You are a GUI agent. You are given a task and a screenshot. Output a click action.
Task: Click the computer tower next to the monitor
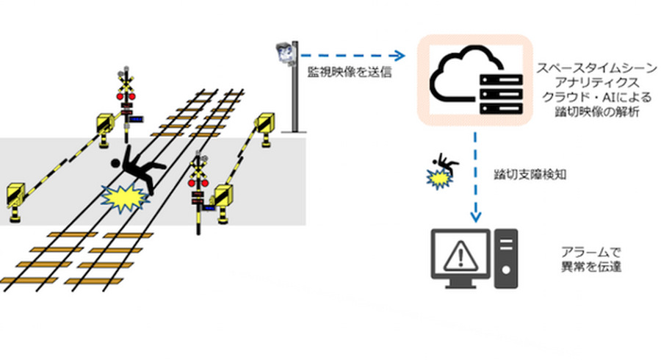(506, 257)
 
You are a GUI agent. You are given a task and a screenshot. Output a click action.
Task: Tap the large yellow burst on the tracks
(125, 197)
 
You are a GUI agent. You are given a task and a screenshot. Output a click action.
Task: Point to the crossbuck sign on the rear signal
(126, 82)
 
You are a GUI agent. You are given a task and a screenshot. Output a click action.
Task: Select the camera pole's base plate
(295, 131)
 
